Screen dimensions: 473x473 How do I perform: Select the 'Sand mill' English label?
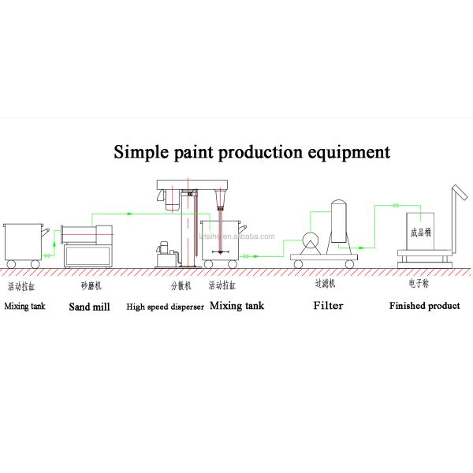pyautogui.click(x=88, y=306)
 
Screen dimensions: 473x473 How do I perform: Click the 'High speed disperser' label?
pyautogui.click(x=165, y=306)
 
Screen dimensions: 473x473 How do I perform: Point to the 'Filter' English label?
pyautogui.click(x=328, y=306)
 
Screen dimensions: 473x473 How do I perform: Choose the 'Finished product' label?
pyautogui.click(x=424, y=306)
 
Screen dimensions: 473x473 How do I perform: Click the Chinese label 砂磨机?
pyautogui.click(x=90, y=286)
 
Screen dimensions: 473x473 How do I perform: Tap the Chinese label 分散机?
pyautogui.click(x=181, y=286)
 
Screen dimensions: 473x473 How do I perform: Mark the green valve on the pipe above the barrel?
pyautogui.click(x=393, y=206)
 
